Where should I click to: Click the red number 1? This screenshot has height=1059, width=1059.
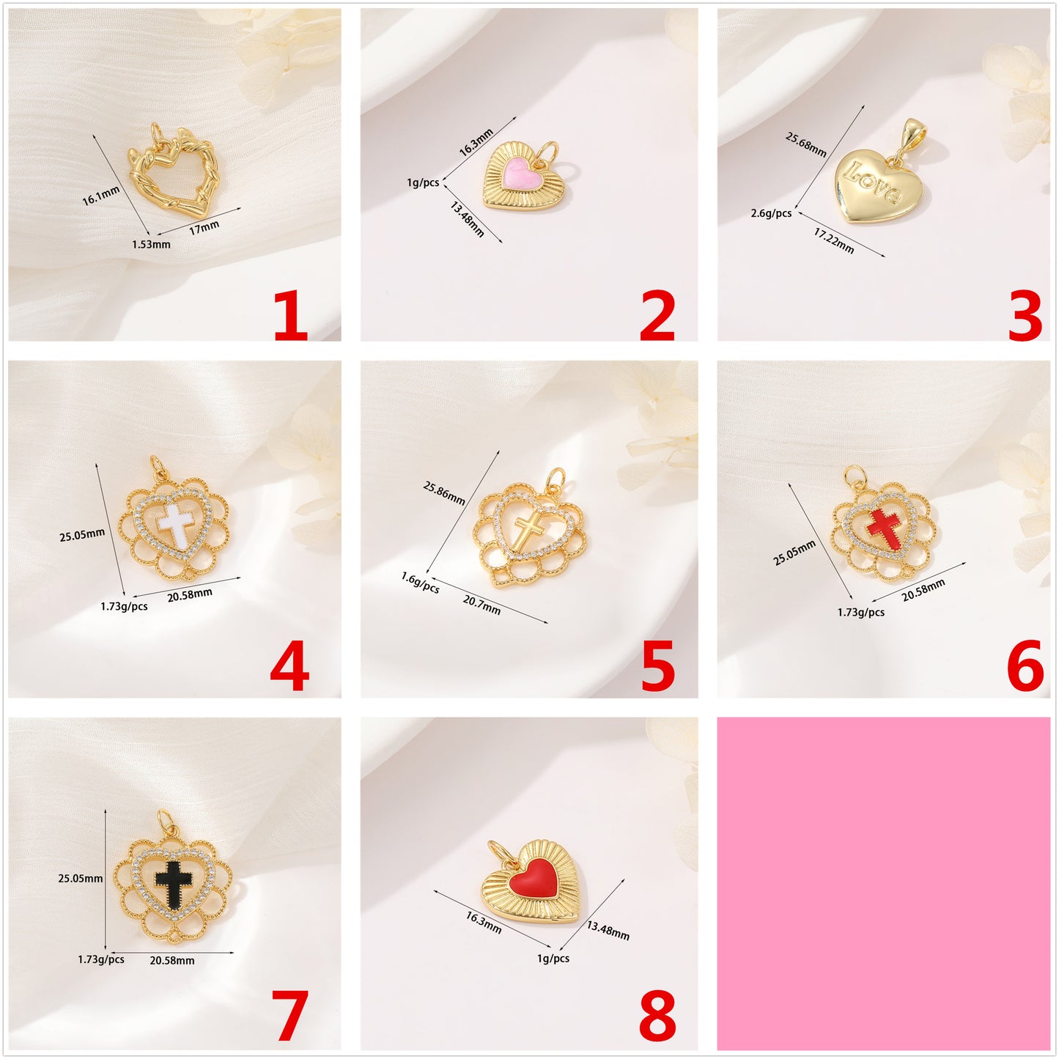click(290, 316)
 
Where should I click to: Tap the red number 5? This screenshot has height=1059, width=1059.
click(657, 667)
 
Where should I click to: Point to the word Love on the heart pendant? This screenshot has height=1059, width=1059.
click(872, 181)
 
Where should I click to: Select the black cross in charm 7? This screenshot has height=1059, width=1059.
click(173, 881)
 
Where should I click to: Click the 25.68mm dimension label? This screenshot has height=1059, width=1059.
click(806, 144)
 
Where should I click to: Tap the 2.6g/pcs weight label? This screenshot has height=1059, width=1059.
click(771, 213)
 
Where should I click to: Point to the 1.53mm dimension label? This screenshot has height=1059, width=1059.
click(151, 244)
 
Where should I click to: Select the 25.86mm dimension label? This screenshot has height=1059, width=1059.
click(444, 492)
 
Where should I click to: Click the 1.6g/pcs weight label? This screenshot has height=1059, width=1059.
click(420, 583)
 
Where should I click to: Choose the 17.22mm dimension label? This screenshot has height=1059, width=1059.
click(834, 240)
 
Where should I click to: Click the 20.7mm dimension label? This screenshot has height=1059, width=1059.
click(481, 605)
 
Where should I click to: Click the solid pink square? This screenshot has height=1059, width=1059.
click(883, 883)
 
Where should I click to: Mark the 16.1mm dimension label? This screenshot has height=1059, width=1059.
click(100, 196)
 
